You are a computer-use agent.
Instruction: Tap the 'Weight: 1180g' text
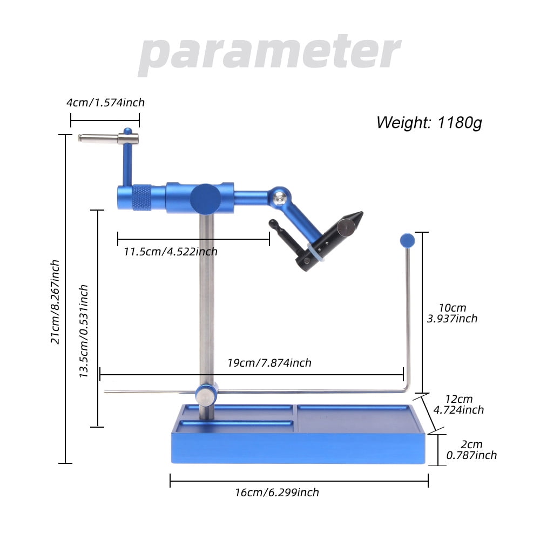429,122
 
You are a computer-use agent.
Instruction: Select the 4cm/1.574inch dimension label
105,103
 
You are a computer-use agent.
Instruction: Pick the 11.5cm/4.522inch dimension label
170,251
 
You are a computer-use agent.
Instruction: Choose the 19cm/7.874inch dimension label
268,363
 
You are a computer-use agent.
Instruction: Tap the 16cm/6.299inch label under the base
276,492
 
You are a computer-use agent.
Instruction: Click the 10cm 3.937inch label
451,313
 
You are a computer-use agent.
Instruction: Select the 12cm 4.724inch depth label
458,404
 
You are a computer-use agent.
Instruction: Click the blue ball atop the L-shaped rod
407,240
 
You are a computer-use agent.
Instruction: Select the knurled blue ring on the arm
141,197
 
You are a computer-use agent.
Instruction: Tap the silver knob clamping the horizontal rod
204,397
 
